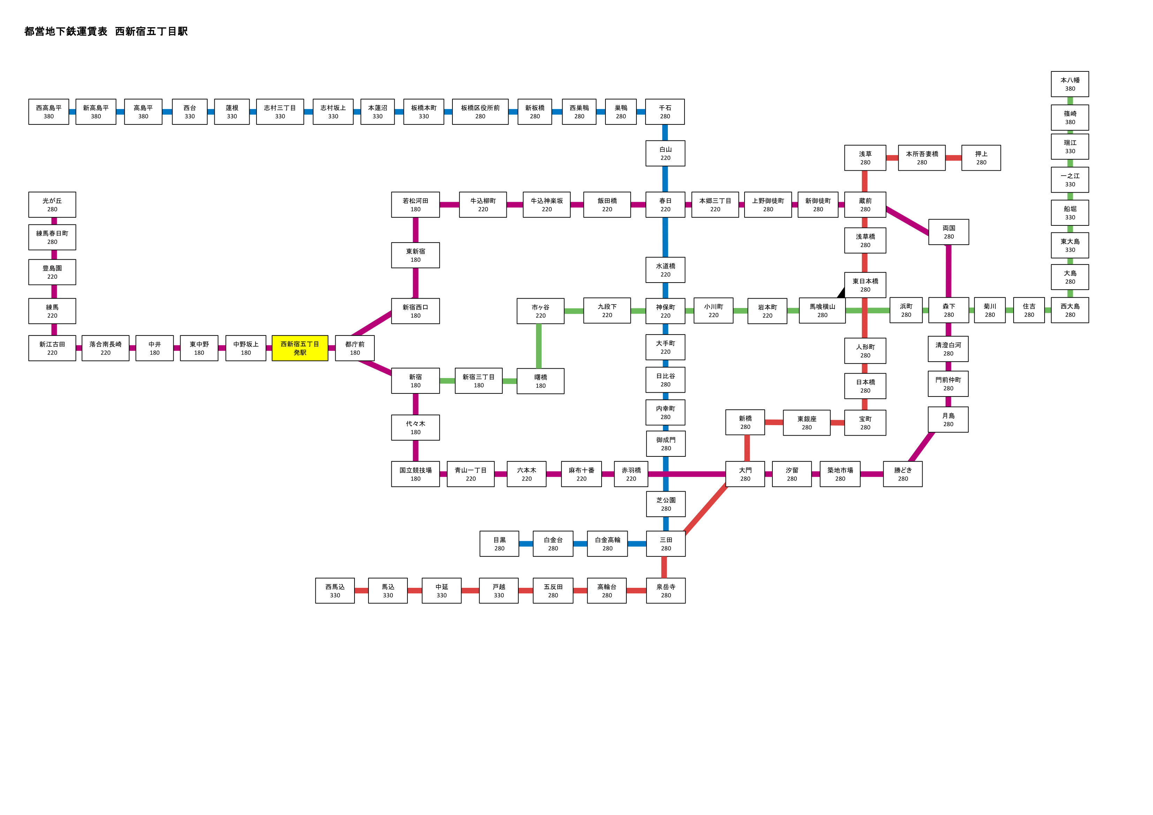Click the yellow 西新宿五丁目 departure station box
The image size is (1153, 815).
[300, 348]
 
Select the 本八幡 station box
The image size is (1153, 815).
[1070, 84]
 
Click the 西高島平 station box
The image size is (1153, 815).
[49, 112]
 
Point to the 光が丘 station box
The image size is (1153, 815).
[52, 205]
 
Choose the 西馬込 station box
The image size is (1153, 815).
[335, 591]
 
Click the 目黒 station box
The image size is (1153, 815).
[499, 544]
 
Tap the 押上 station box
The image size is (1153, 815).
[981, 158]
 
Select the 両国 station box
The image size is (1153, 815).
[949, 232]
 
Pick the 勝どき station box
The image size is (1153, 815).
[902, 474]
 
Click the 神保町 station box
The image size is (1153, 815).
[665, 311]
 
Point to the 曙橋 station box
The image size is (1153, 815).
[540, 381]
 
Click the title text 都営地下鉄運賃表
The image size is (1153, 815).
[66, 31]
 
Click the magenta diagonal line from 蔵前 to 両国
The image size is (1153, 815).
[907, 221]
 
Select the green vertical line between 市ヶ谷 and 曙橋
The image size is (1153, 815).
[539, 346]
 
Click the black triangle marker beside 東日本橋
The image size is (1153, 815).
[841, 292]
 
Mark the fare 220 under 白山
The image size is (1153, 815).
[665, 158]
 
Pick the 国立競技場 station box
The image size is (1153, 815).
[415, 474]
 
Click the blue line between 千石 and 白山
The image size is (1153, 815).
[665, 132]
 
